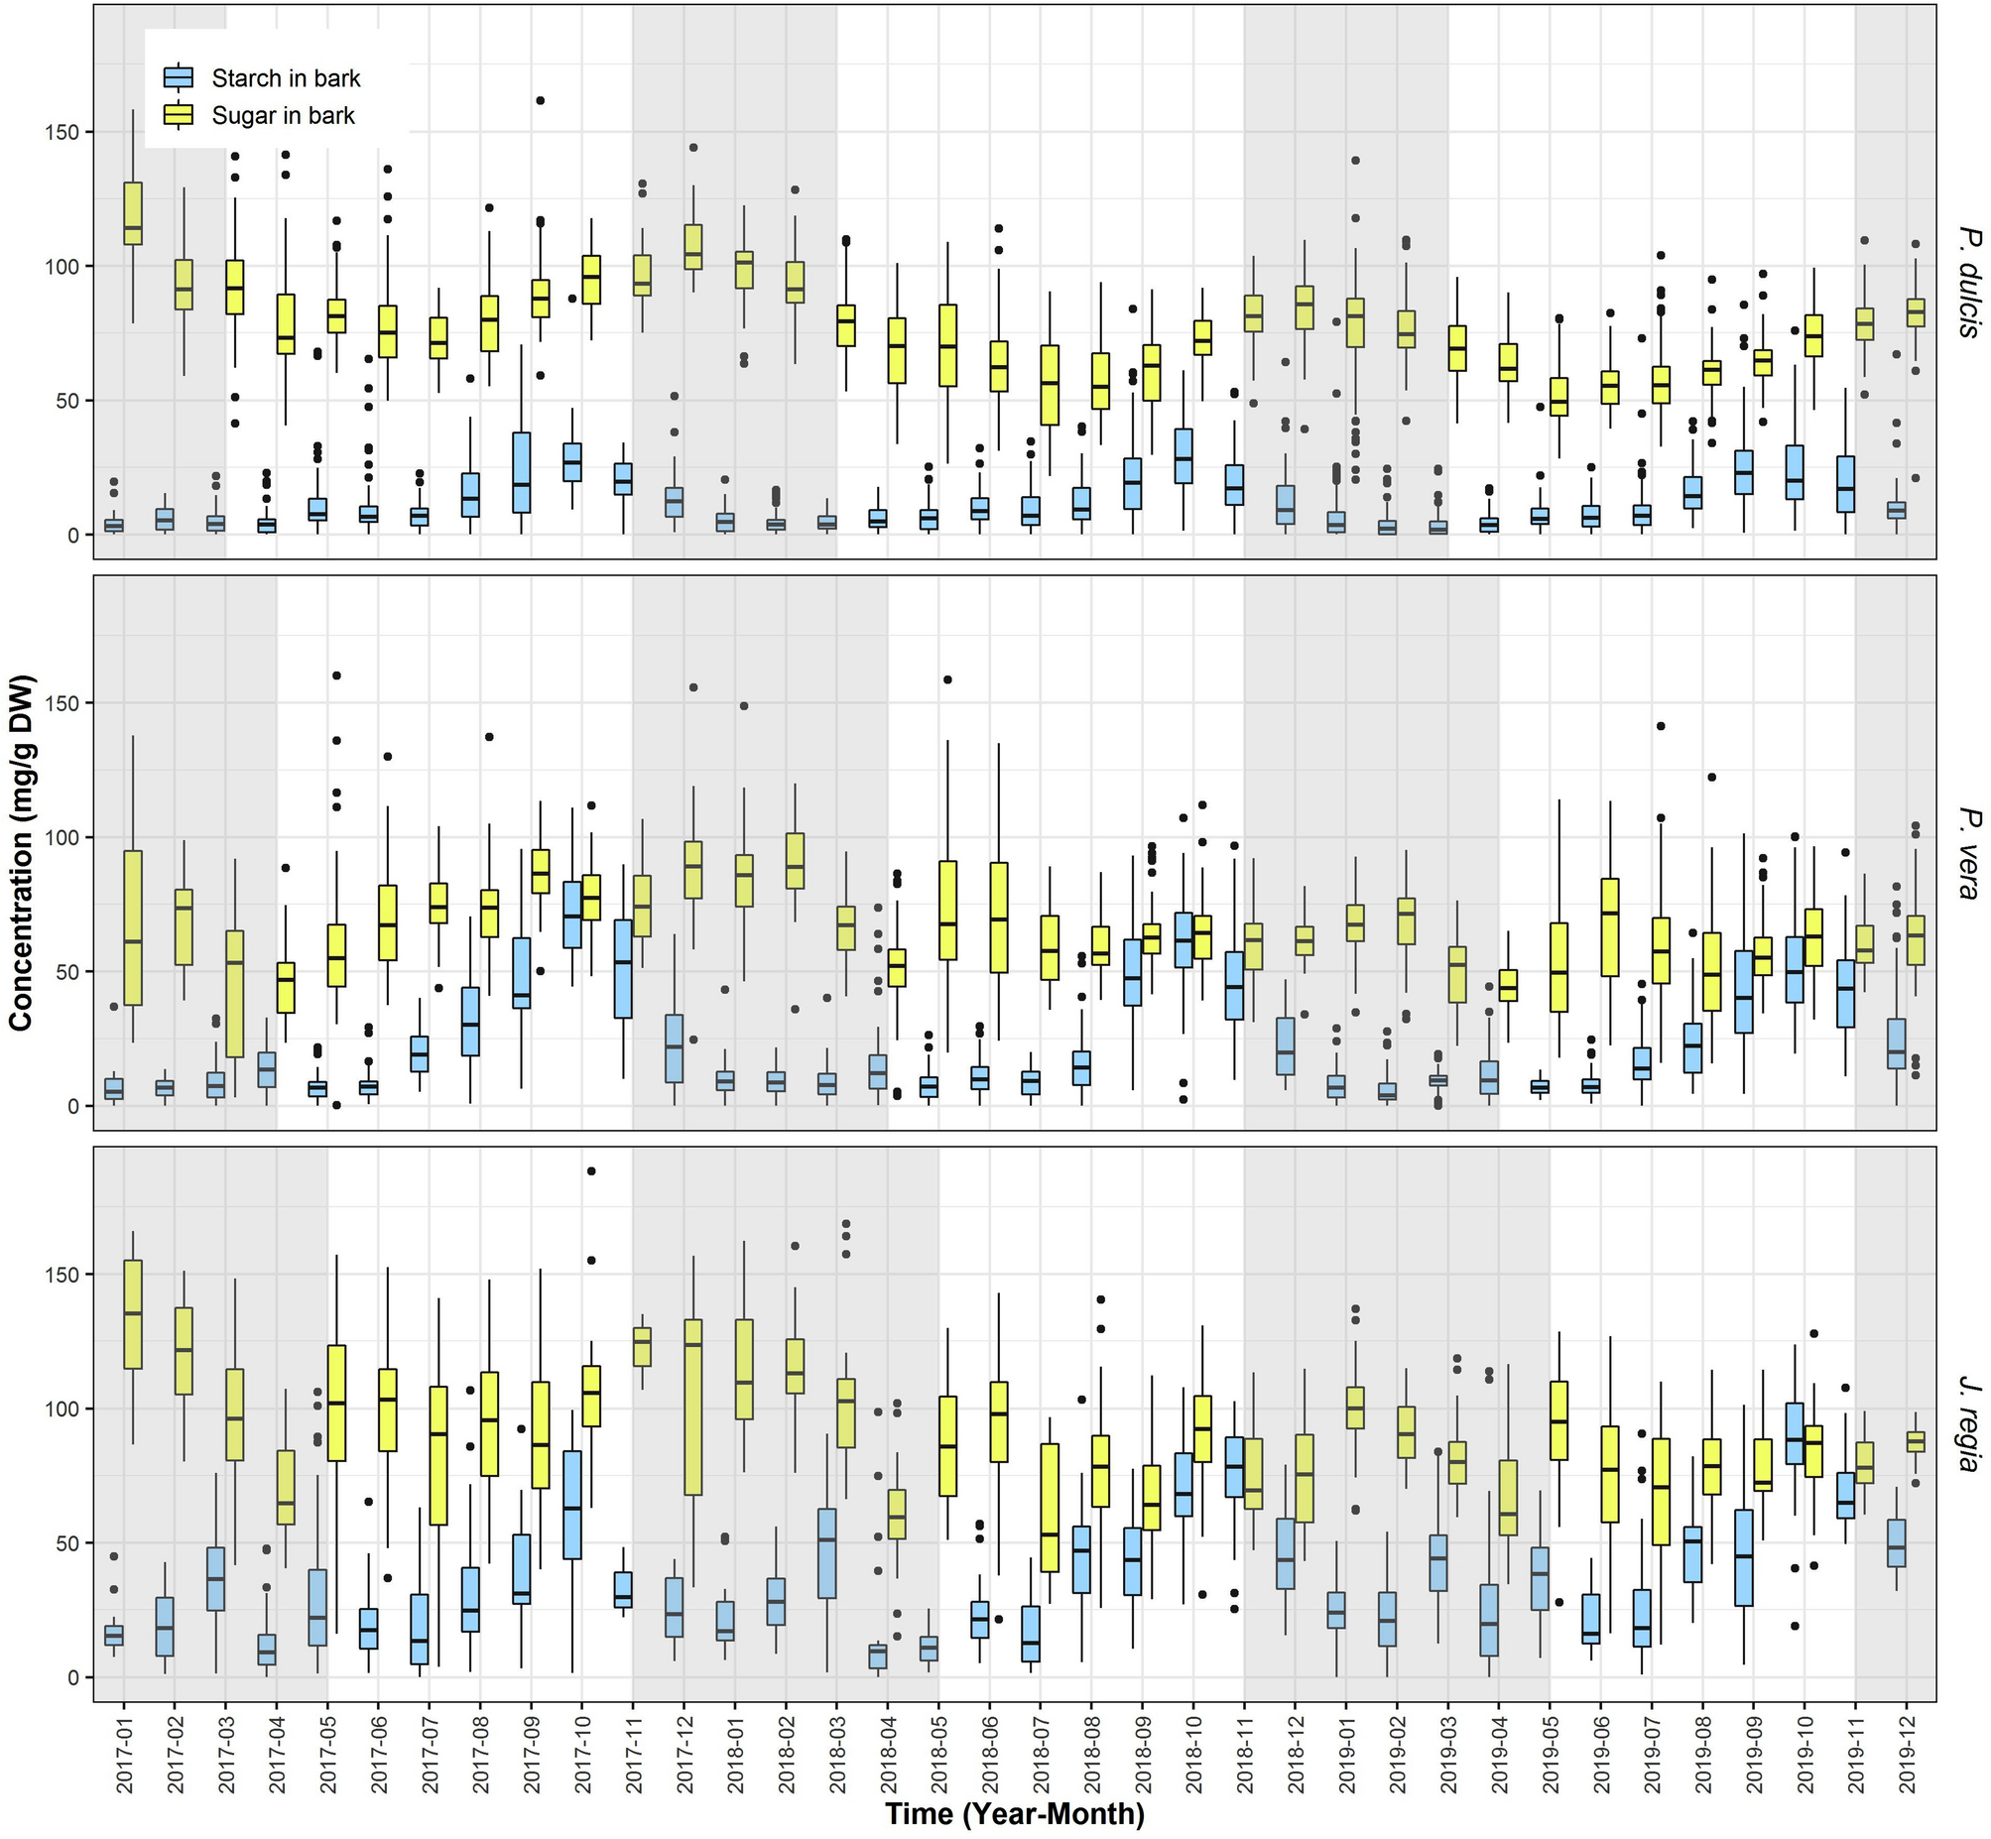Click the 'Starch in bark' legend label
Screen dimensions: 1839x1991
pyautogui.click(x=286, y=78)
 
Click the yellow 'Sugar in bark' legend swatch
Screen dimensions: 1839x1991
pyautogui.click(x=179, y=115)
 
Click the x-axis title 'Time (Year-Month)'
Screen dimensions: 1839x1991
pyautogui.click(x=1014, y=1814)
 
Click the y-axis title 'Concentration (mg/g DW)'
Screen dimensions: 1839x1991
pyautogui.click(x=22, y=853)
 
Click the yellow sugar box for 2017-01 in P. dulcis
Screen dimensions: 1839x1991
pyautogui.click(x=132, y=219)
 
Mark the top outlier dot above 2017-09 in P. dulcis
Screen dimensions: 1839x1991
pyautogui.click(x=541, y=100)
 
